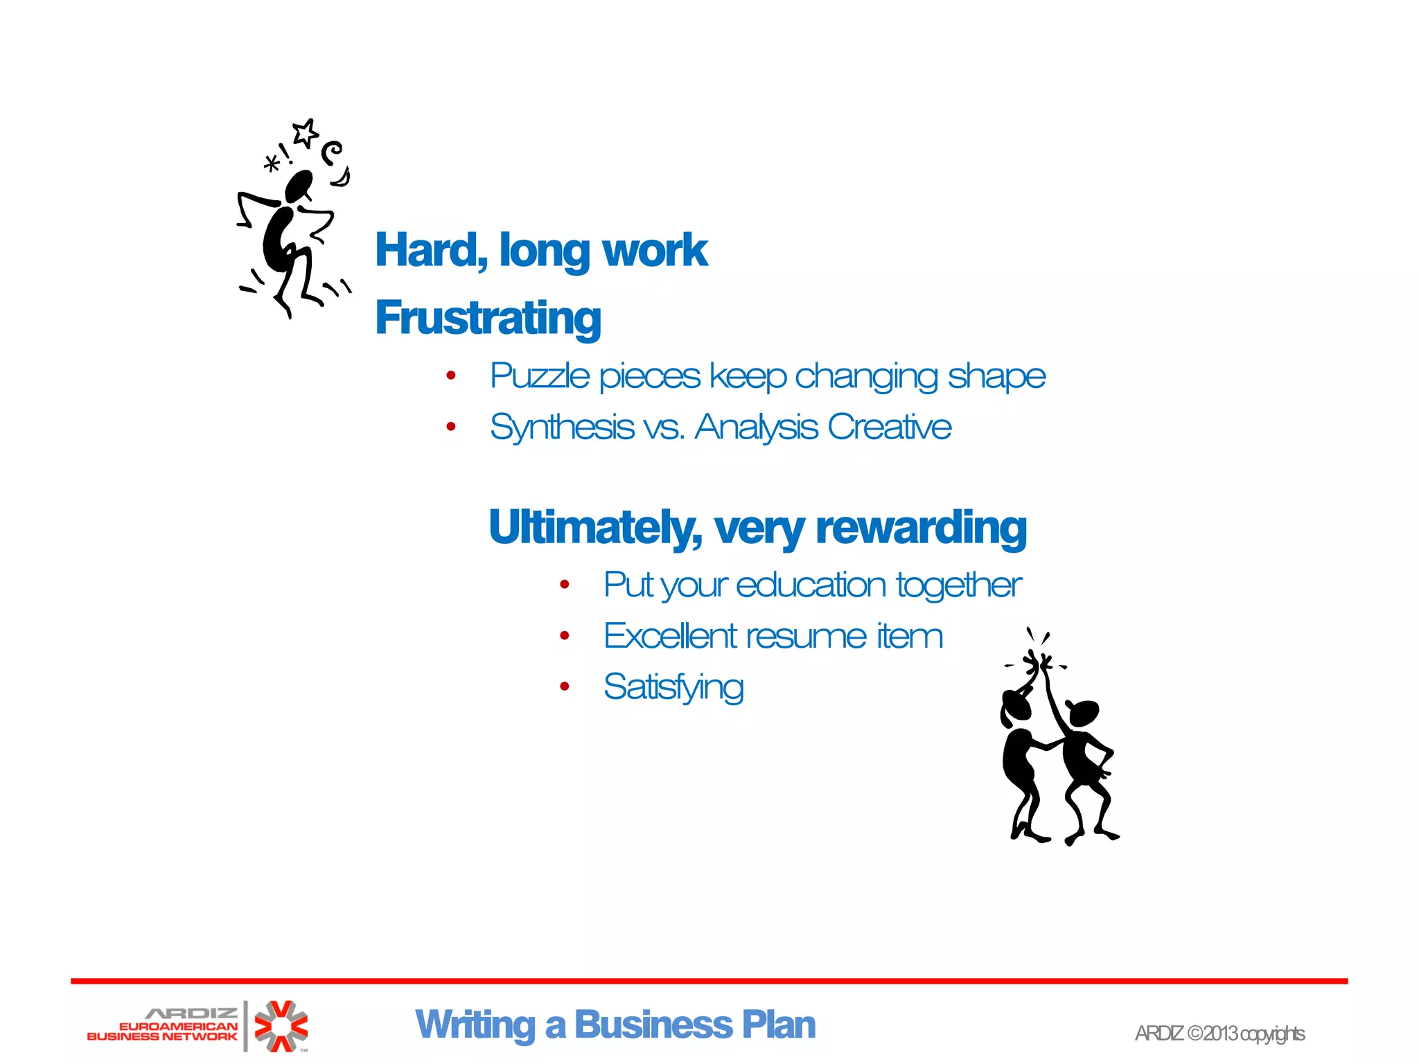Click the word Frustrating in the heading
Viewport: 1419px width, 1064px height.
coord(488,318)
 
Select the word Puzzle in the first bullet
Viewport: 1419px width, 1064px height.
coord(540,376)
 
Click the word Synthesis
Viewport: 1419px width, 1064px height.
coord(562,427)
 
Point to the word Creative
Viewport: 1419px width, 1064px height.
coord(890,427)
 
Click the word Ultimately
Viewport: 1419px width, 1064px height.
coord(594,528)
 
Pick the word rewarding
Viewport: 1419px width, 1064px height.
coord(922,528)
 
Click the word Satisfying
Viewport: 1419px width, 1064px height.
coord(673,687)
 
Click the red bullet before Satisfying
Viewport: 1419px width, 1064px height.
coord(565,687)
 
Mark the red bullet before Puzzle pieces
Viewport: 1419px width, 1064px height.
coord(451,376)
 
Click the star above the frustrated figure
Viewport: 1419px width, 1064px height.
coord(305,133)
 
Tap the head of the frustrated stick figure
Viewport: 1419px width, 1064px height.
coord(299,186)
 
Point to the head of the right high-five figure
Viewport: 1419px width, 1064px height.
coord(1083,713)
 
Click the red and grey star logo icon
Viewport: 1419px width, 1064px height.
coord(281,1026)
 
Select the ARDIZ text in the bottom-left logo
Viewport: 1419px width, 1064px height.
coord(191,1013)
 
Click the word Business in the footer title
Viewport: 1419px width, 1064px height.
coord(653,1025)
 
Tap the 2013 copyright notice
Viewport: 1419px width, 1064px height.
coord(1219,1034)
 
